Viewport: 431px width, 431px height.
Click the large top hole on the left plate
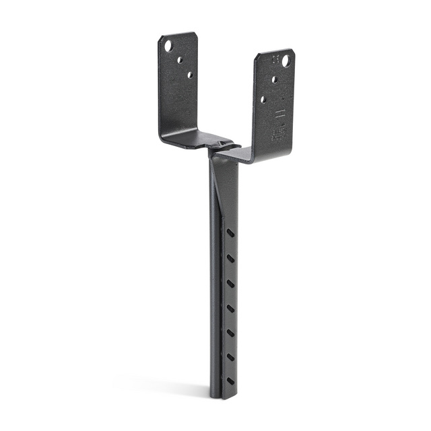click(x=168, y=46)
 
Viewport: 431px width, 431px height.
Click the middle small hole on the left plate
click(x=180, y=60)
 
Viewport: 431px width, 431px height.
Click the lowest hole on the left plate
click(x=190, y=75)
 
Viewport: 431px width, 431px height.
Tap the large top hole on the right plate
click(x=286, y=61)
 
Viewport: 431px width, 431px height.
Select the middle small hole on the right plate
click(x=274, y=79)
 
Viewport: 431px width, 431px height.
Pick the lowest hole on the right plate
click(x=263, y=99)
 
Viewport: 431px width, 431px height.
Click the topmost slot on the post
click(x=231, y=233)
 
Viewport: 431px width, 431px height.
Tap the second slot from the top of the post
click(x=231, y=258)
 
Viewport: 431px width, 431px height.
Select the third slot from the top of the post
click(x=231, y=283)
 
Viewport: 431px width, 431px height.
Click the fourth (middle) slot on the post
click(x=231, y=308)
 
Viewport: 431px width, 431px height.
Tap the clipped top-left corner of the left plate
click(x=162, y=38)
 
